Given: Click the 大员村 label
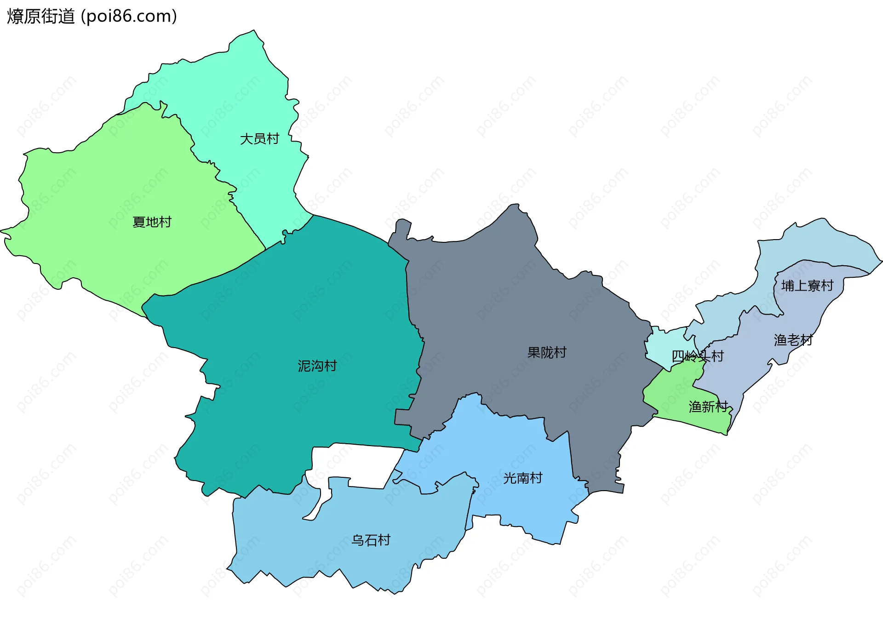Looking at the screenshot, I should pos(259,139).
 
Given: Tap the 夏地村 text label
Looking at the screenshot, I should pos(152,222).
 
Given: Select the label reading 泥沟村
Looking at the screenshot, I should pos(317,366).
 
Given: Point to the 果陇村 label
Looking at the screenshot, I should pos(547,353).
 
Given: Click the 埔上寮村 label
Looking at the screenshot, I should pos(807,286).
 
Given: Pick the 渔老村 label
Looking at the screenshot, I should pos(793,340).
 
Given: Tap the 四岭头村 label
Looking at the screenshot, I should pos(698,356).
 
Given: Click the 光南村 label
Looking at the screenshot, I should pos(522,478).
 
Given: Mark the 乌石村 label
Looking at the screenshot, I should pos(371,540).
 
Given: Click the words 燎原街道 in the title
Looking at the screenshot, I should pos(40,17).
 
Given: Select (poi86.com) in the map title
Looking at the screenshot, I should pos(129,17).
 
